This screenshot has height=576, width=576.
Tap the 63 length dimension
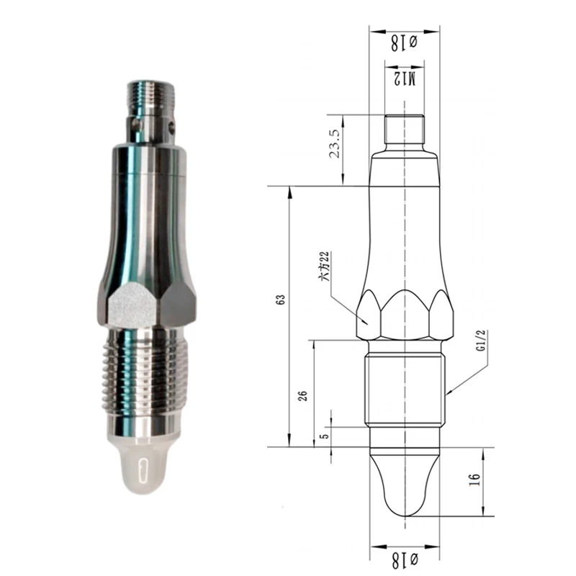coord(281,300)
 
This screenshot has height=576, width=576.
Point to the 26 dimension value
coord(302,395)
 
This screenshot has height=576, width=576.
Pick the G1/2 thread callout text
coord(481,341)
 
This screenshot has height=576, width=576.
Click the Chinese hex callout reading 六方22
coord(325,266)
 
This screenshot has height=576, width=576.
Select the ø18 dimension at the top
coord(404,43)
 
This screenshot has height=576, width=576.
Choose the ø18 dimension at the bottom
coord(404,561)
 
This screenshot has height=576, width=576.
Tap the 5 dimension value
coord(325,436)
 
